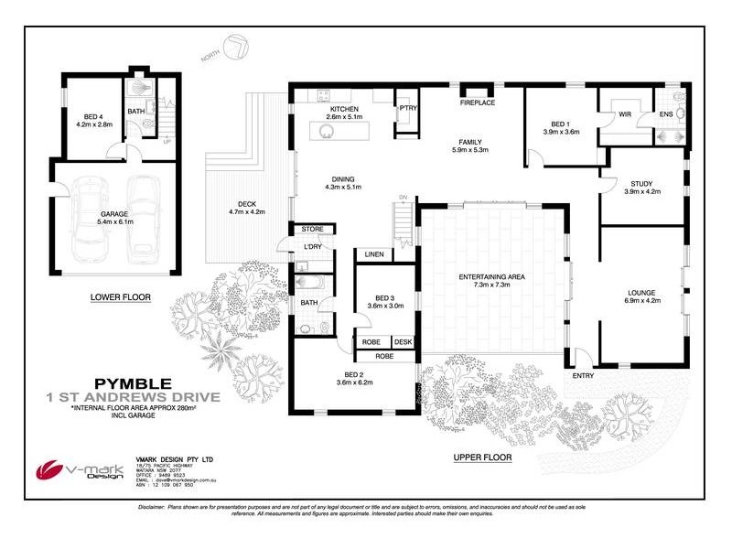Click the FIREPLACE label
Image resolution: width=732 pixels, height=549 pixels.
click(x=477, y=102)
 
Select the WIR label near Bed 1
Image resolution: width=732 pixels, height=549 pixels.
click(x=626, y=114)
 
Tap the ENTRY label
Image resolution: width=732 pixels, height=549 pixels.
click(x=583, y=375)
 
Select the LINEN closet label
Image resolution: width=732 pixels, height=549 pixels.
click(x=373, y=254)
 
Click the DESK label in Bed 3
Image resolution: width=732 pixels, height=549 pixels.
click(x=403, y=341)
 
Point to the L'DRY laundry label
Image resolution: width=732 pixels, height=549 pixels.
click(x=311, y=247)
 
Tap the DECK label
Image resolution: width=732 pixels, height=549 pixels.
click(x=245, y=203)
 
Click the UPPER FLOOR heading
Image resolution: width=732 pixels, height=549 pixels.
click(x=482, y=457)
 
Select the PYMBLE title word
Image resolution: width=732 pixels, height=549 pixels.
click(x=132, y=382)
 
